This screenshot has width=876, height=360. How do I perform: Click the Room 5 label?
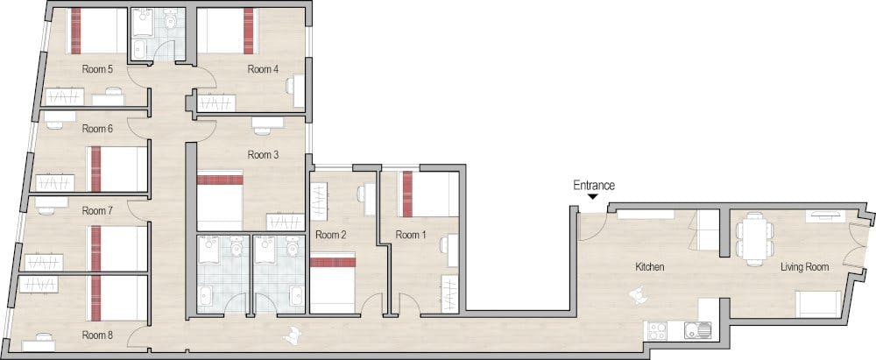coord(98,70)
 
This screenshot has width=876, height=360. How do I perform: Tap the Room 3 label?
coord(263,154)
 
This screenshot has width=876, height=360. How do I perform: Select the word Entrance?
coord(594,186)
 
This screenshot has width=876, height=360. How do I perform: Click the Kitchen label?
coord(650,267)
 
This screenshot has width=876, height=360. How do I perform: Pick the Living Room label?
coord(804,267)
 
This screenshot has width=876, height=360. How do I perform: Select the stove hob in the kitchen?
coord(656,330)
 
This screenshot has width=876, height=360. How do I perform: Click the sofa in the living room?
coord(818,304)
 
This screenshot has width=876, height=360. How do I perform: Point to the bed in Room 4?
coord(225,32)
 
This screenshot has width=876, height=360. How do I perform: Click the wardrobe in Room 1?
coord(449,294)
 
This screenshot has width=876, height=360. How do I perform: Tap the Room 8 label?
coord(98,335)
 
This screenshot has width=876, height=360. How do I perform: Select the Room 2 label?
coord(331,235)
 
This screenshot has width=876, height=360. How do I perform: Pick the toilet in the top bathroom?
coord(173,19)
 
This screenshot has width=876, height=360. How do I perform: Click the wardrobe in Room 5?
coord(64,96)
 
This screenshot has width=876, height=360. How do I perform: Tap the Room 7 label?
coord(98,211)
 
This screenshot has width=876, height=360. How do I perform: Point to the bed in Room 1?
coord(428,194)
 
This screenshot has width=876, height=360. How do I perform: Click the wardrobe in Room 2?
coord(318,202)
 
